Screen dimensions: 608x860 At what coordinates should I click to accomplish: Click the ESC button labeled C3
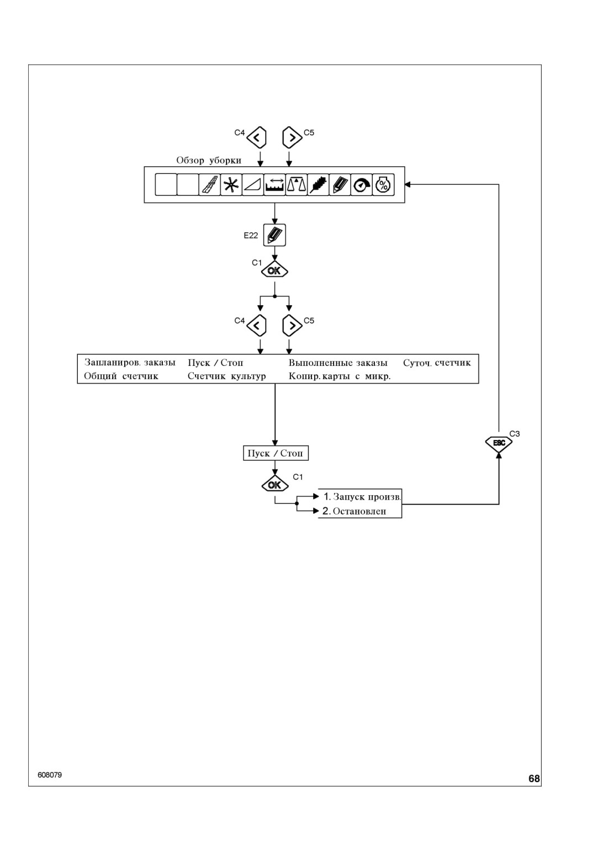tap(499, 443)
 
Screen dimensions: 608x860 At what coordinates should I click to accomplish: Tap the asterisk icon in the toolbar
tap(231, 185)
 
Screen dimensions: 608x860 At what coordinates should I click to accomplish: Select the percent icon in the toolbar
tap(383, 185)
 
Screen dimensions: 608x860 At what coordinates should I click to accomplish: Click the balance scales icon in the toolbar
tap(296, 185)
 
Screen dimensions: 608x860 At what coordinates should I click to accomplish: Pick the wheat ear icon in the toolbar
tap(318, 185)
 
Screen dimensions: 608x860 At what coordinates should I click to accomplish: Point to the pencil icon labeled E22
tap(274, 235)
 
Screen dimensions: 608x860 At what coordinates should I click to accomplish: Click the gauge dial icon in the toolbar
tap(361, 185)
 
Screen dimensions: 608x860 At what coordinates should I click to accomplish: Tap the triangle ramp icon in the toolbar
tap(253, 185)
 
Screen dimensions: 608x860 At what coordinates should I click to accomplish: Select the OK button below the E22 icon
tap(274, 270)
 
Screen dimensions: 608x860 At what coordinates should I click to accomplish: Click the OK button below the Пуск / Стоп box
tap(274, 485)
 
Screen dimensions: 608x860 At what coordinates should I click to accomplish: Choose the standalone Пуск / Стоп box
tap(276, 453)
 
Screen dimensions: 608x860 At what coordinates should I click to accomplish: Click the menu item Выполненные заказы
tap(338, 363)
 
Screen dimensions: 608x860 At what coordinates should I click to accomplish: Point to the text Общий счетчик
tap(121, 376)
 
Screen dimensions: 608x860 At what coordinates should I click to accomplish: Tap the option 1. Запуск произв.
tap(362, 497)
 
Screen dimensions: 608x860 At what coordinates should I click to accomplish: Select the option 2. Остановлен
tap(354, 511)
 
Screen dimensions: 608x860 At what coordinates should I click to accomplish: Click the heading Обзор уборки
tap(209, 161)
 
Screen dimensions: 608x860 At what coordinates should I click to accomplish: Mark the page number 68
tap(534, 779)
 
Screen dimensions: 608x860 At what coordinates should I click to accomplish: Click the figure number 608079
tap(50, 775)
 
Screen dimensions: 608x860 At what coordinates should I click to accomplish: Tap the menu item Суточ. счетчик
tap(437, 363)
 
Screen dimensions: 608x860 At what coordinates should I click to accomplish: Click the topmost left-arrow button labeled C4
tap(256, 137)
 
